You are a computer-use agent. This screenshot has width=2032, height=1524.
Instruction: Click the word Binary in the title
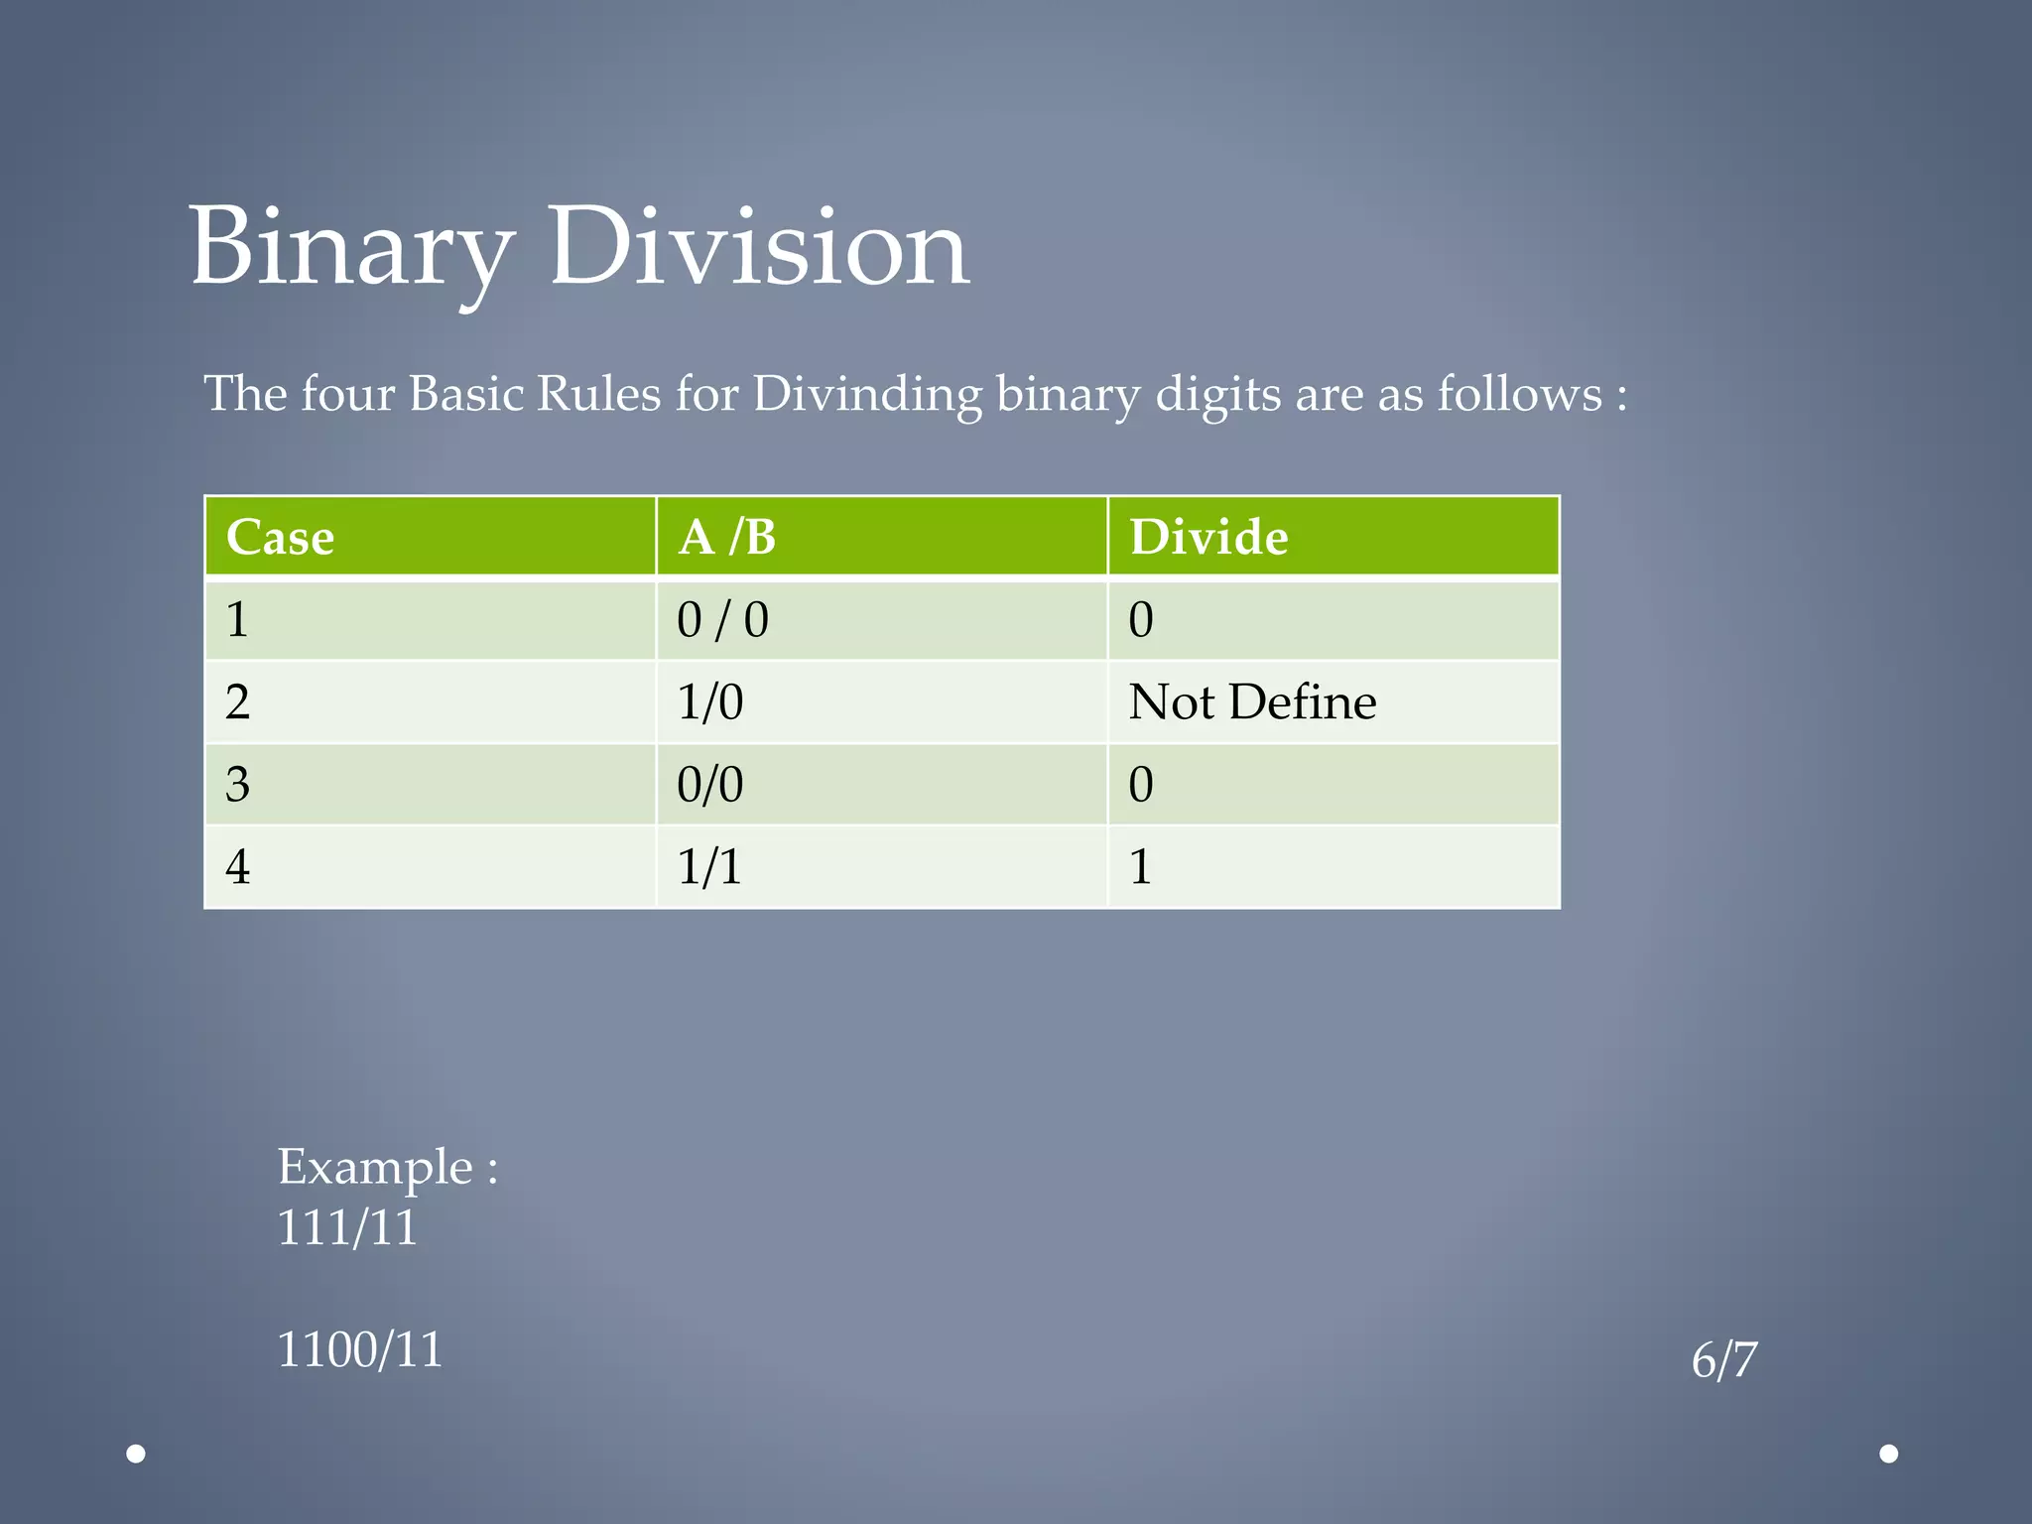click(352, 248)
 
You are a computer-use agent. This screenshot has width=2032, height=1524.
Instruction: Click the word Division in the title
click(759, 248)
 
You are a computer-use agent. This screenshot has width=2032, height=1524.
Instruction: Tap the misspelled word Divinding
click(866, 395)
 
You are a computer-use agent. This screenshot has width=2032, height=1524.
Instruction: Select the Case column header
click(281, 538)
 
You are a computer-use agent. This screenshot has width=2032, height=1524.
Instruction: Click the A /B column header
click(727, 538)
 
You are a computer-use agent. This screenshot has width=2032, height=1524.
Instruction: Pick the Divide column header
click(1208, 538)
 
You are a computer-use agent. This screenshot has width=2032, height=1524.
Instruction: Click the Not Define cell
click(1252, 702)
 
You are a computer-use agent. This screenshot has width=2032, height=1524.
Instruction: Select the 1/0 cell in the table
click(709, 702)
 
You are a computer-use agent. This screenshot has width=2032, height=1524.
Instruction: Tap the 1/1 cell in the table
click(709, 867)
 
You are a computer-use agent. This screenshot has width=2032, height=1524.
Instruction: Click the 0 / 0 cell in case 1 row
click(722, 620)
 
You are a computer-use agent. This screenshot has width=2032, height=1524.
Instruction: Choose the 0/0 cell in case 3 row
click(709, 785)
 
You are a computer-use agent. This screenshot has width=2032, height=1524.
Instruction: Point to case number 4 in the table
click(238, 867)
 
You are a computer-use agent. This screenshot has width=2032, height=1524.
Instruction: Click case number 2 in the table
click(238, 702)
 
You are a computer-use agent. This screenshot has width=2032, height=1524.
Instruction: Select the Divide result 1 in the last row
click(1141, 867)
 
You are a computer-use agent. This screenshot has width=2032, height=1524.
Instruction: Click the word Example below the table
click(375, 1167)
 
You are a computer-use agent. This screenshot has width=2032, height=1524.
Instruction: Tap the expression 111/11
click(347, 1228)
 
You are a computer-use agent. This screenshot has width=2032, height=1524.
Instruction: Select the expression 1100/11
click(359, 1350)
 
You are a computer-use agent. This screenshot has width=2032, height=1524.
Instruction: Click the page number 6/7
click(1724, 1360)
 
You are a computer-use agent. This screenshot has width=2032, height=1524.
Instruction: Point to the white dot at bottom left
click(137, 1454)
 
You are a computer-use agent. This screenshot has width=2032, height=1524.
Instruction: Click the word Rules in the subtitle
click(598, 395)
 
